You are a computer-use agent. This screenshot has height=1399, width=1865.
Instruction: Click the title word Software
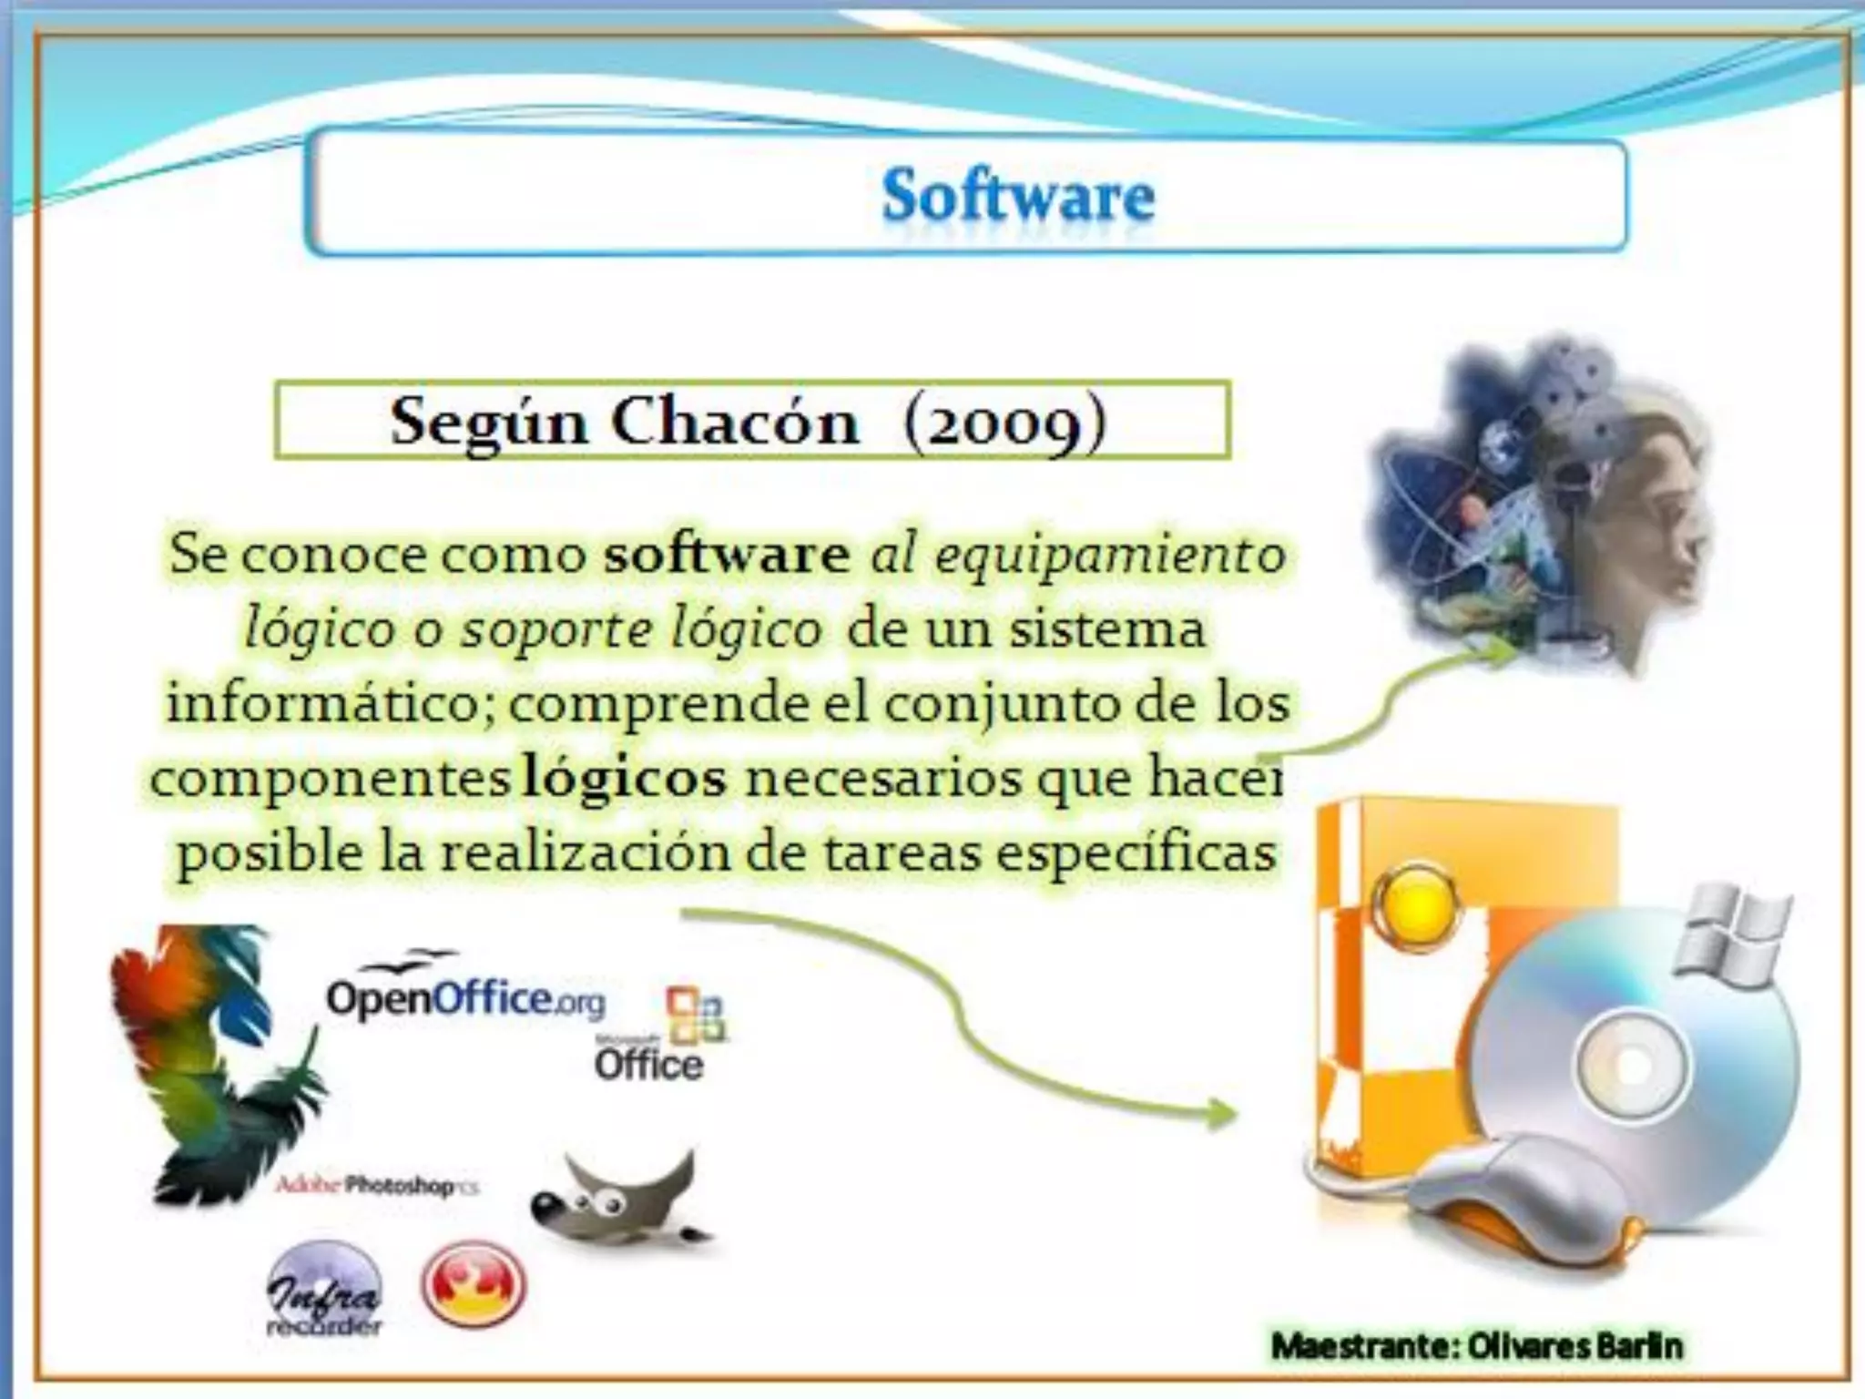pos(1017,196)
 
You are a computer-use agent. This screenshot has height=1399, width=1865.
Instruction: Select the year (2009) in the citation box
pos(1005,423)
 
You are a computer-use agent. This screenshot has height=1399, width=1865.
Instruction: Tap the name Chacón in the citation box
pos(735,423)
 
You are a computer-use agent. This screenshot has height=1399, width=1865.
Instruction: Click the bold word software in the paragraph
pos(726,555)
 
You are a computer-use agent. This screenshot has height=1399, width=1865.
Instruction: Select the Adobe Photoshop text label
pos(376,1186)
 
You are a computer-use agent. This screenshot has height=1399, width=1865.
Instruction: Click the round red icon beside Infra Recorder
pos(473,1285)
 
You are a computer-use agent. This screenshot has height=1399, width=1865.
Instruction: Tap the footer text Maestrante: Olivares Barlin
pos(1476,1345)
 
